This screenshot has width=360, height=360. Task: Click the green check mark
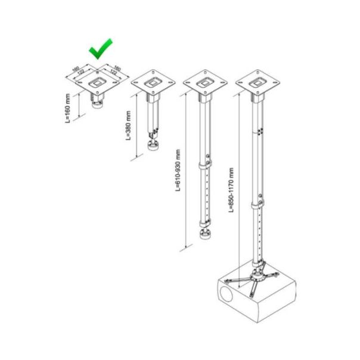click(100, 49)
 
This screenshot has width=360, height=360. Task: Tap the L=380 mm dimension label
click(128, 125)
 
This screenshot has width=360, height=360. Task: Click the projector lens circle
click(226, 294)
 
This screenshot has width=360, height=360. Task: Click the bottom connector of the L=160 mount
click(97, 105)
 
